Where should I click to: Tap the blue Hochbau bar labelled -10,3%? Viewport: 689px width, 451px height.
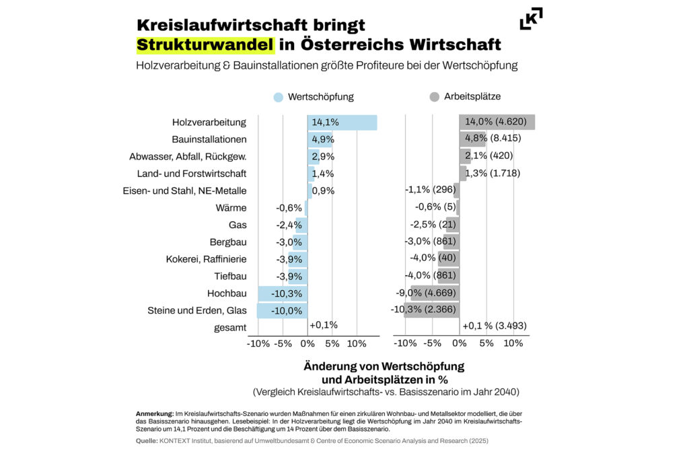282,293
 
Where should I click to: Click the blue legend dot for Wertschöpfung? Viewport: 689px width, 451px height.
279,97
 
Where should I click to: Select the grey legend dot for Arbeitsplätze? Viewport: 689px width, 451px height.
435,97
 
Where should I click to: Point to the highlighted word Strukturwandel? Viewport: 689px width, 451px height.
206,45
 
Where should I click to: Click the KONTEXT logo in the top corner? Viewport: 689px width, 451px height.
531,19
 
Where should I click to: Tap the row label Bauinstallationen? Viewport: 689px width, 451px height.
209,139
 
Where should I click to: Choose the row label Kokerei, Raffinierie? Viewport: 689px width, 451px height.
206,259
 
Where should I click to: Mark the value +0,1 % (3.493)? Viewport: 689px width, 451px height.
495,326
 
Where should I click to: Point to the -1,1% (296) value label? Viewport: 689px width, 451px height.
431,190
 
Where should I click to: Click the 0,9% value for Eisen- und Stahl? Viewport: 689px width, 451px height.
323,190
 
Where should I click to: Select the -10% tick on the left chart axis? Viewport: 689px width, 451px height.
258,343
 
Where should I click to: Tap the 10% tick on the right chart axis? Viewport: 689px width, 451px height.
513,343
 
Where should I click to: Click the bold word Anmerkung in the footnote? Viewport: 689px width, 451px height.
153,413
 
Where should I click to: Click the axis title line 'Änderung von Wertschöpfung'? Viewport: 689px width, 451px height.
384,367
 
